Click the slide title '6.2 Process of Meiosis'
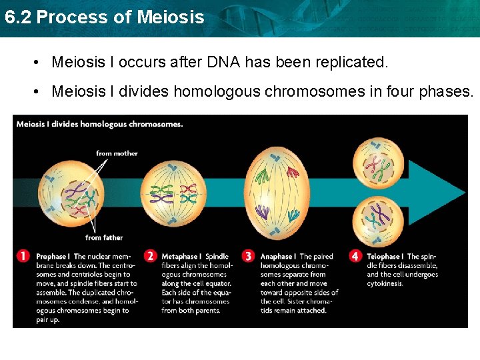(x=104, y=17)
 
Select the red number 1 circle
(x=23, y=256)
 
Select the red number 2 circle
(x=151, y=256)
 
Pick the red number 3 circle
(x=249, y=256)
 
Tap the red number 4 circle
(x=355, y=256)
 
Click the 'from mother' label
(x=117, y=153)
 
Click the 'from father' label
(x=104, y=238)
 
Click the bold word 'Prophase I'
(x=53, y=257)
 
